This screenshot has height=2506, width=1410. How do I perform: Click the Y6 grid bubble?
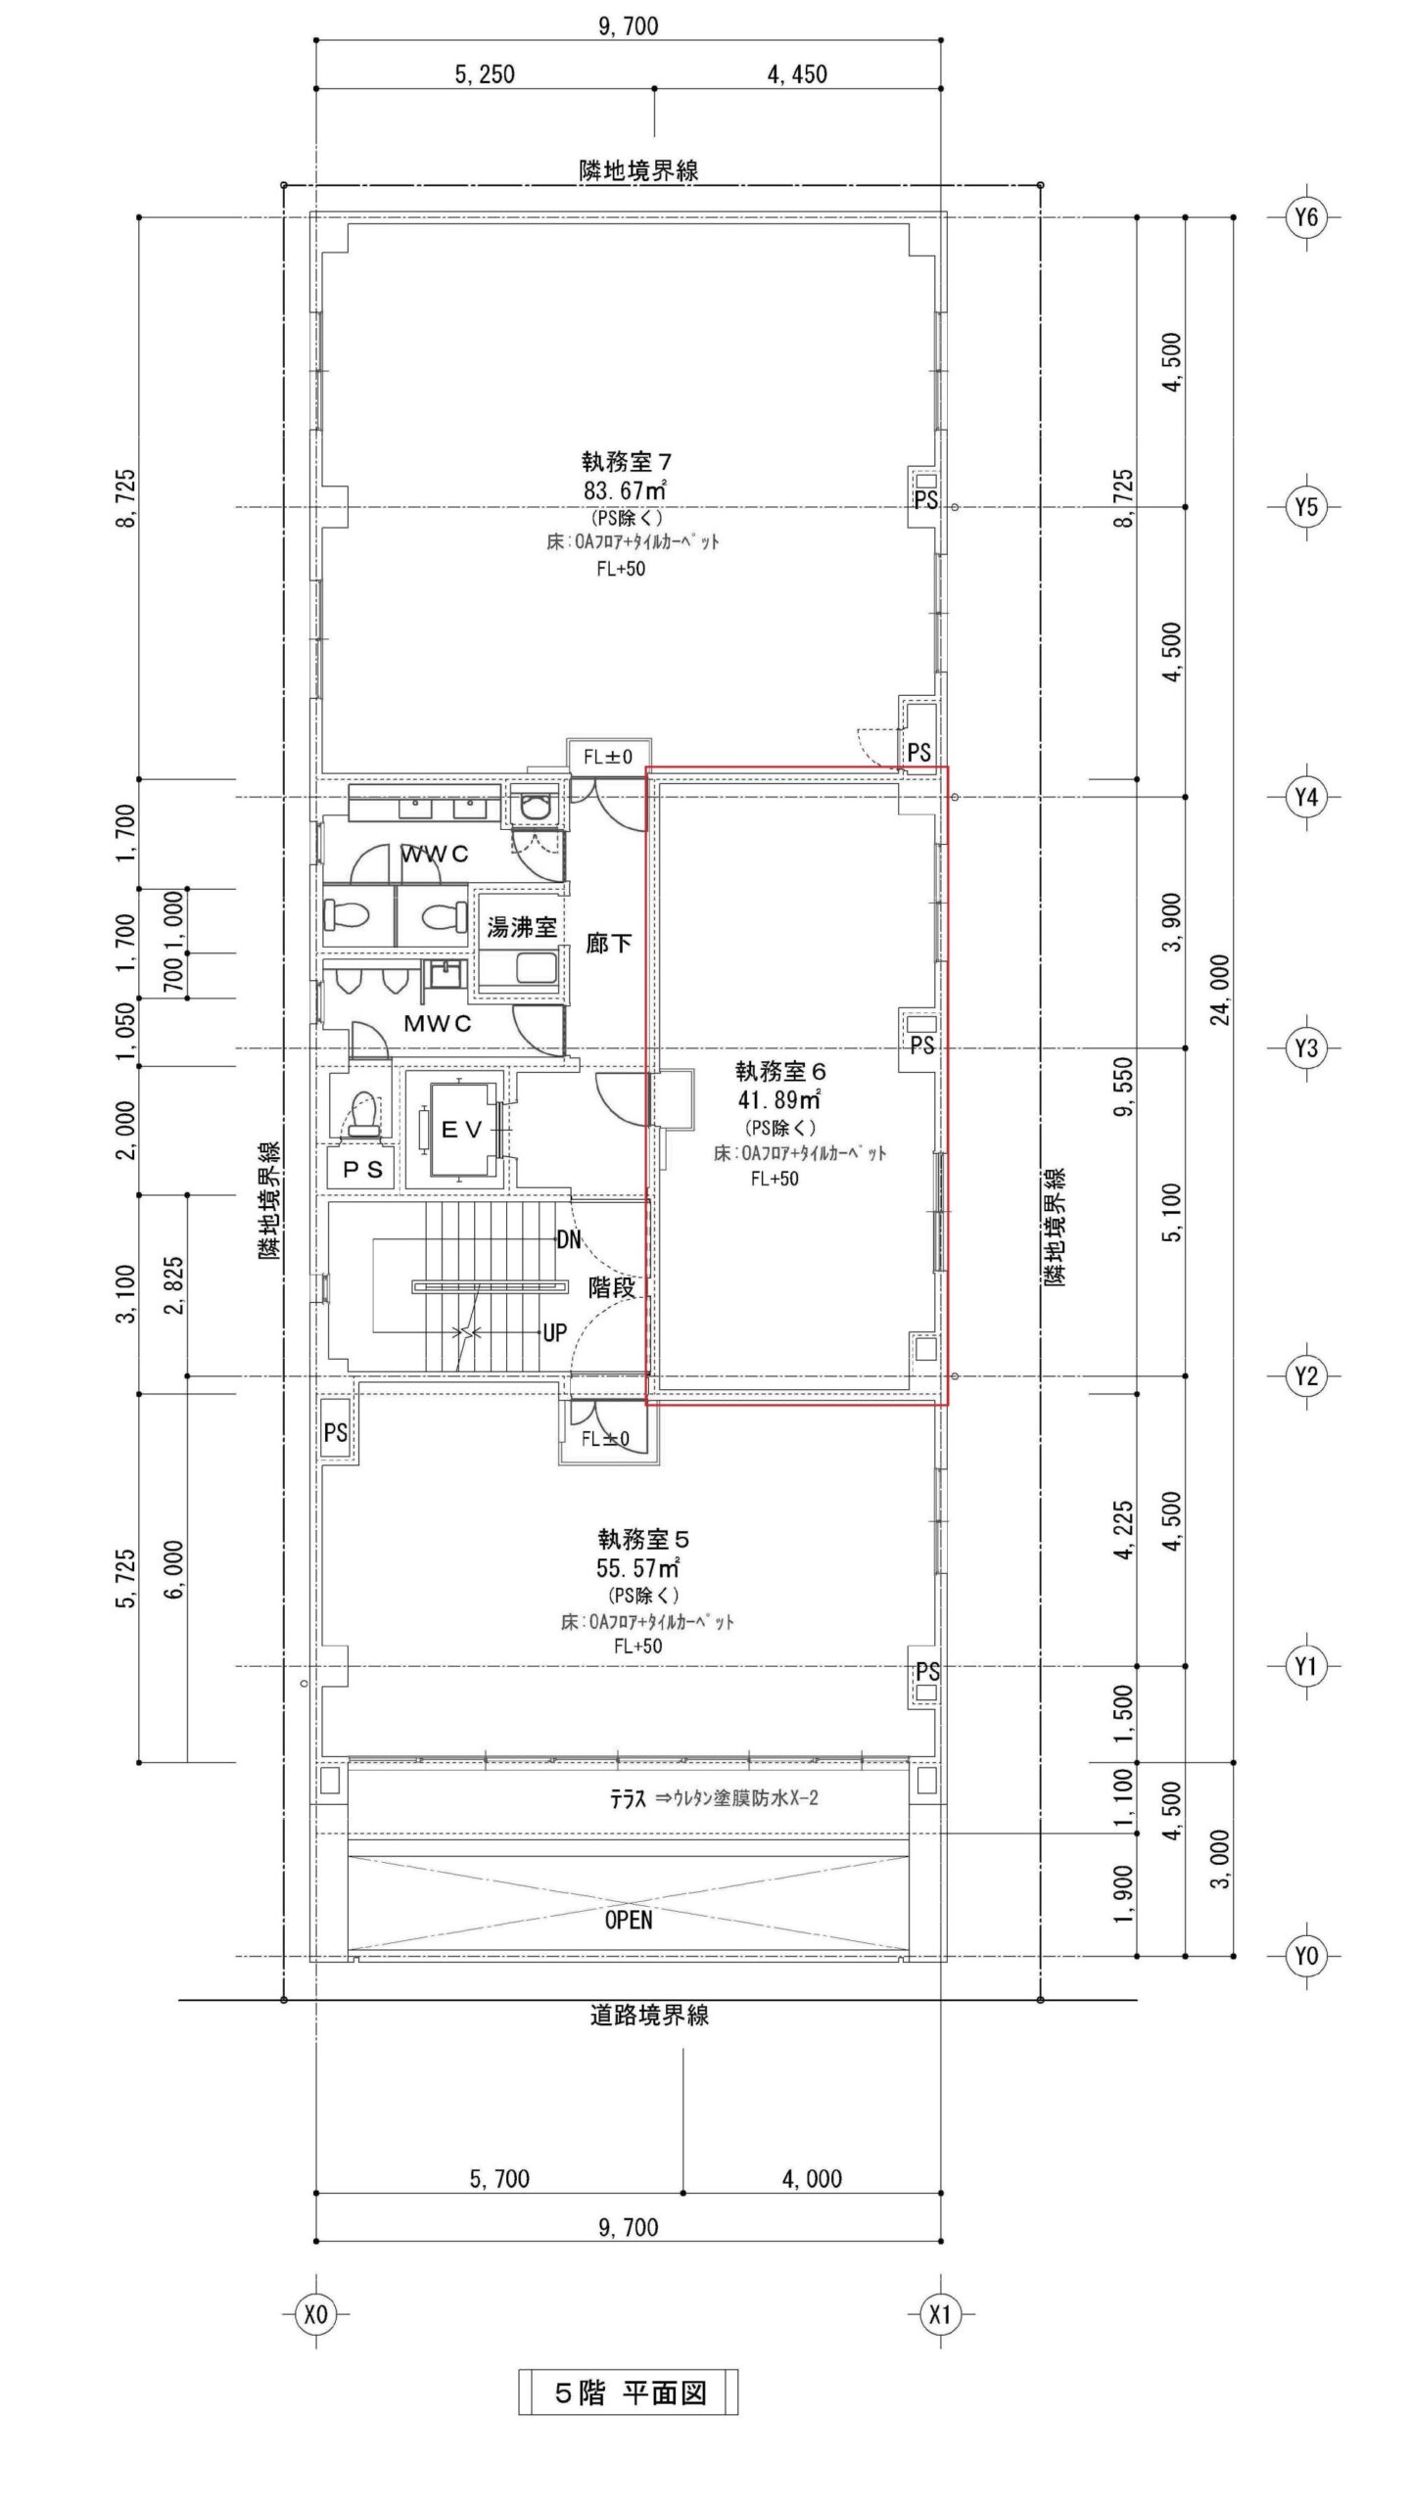pyautogui.click(x=1306, y=217)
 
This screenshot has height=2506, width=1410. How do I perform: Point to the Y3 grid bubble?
pyautogui.click(x=1306, y=1048)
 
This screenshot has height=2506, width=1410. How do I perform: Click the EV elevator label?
pyautogui.click(x=461, y=1130)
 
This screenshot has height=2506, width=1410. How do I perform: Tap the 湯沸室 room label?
pyautogui.click(x=522, y=926)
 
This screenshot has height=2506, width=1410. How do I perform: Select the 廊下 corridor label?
pyautogui.click(x=608, y=944)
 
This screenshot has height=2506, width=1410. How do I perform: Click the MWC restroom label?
pyautogui.click(x=438, y=1024)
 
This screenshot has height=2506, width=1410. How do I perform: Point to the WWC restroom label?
pyautogui.click(x=435, y=855)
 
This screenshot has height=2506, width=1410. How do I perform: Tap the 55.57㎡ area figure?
pyautogui.click(x=638, y=1568)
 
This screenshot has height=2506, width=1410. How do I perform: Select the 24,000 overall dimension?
pyautogui.click(x=1221, y=989)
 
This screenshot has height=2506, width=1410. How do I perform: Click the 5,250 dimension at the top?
pyautogui.click(x=484, y=74)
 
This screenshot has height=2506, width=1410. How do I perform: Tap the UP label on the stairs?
pyautogui.click(x=555, y=1332)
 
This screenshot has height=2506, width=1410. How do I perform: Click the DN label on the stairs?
pyautogui.click(x=569, y=1239)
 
